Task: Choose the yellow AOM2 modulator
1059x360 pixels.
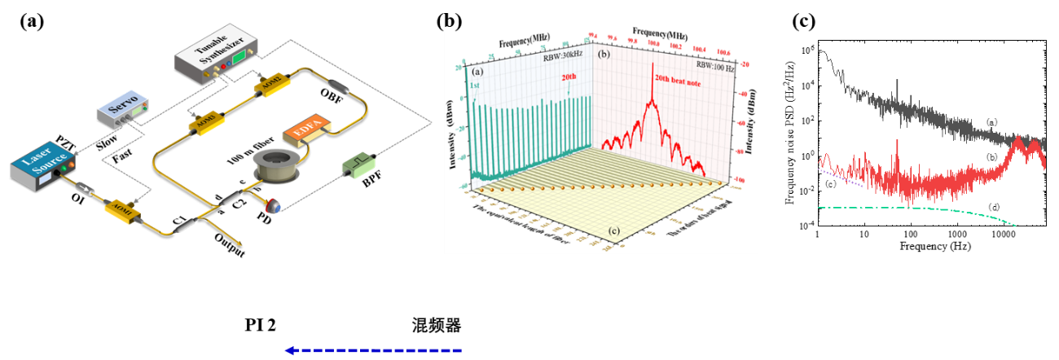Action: (270, 84)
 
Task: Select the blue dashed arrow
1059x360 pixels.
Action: (373, 350)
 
